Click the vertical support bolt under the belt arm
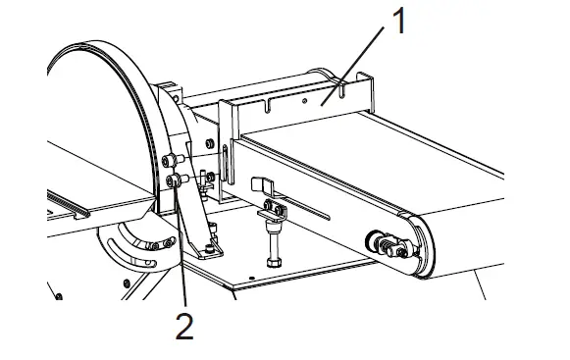click(x=270, y=241)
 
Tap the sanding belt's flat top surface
click(x=422, y=147)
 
